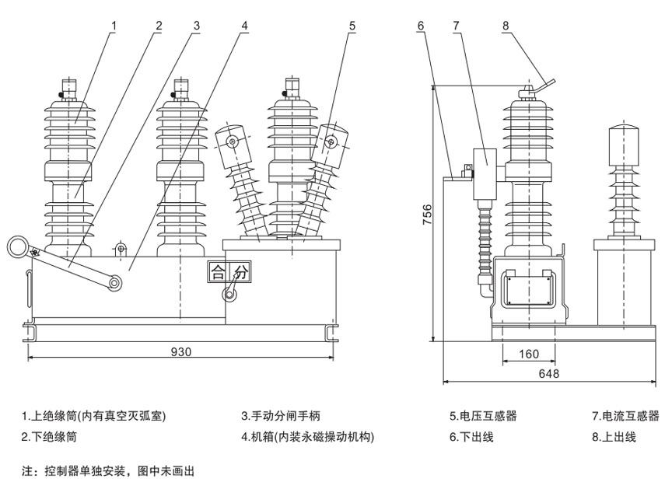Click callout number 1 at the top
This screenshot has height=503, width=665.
[114, 26]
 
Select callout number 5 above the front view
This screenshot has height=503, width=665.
[352, 26]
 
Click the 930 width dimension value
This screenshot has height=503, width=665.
[181, 351]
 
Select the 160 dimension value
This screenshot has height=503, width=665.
[528, 354]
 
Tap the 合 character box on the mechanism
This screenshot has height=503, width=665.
[216, 272]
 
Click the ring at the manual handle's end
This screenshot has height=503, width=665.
[17, 247]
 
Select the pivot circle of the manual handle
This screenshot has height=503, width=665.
[114, 283]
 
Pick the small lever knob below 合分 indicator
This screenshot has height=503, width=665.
[229, 295]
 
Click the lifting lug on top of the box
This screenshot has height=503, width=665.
[121, 249]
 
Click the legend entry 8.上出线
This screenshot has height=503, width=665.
[614, 438]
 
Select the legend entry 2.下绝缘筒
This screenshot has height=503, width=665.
[49, 438]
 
